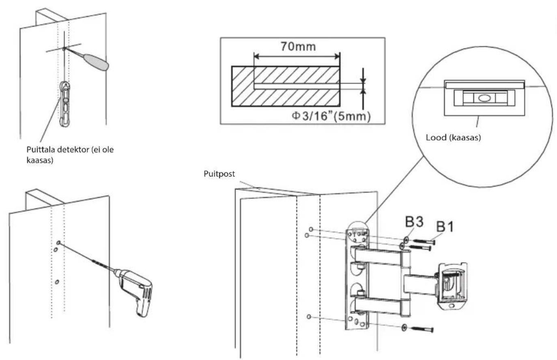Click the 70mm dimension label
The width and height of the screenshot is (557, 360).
298,47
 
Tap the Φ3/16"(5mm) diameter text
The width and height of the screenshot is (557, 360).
331,116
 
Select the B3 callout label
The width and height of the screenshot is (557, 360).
414,222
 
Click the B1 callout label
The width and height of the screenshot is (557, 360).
445,226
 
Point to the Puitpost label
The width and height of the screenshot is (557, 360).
219,174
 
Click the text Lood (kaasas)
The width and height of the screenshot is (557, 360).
453,138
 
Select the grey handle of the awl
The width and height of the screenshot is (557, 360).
96,62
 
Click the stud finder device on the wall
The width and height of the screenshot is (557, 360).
65,103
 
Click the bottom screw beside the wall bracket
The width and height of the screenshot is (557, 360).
422,329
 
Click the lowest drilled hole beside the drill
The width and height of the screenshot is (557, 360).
57,282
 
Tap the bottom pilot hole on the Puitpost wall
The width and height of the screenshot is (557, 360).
309,317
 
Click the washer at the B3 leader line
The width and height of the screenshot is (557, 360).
406,240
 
